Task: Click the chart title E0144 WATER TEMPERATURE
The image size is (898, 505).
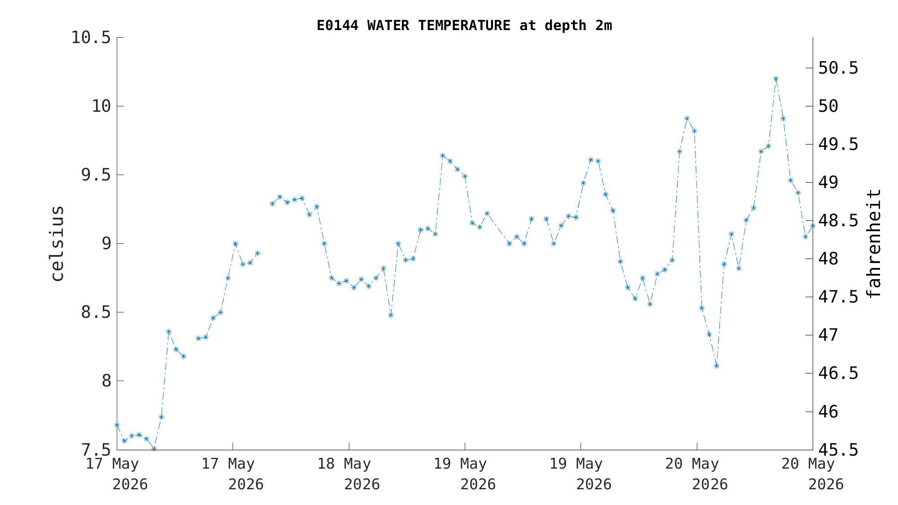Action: click(414, 26)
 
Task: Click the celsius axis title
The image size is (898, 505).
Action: click(57, 243)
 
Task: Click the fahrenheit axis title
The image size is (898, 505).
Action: click(874, 243)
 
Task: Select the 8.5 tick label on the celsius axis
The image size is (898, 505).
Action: click(95, 312)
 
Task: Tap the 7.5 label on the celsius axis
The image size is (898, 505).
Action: click(95, 449)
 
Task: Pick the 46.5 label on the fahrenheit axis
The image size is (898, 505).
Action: click(838, 373)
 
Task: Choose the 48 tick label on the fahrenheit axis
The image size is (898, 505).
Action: click(828, 259)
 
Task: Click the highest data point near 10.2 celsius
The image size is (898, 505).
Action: click(775, 79)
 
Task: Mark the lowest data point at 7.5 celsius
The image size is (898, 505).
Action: click(154, 449)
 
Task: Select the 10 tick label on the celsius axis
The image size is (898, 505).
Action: click(101, 106)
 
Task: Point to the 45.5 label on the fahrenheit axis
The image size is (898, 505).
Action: click(838, 449)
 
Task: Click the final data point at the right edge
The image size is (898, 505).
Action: click(813, 225)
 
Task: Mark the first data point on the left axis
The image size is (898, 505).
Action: click(117, 425)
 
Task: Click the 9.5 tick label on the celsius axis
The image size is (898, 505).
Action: click(95, 175)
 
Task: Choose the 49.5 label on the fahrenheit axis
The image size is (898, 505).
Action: click(838, 145)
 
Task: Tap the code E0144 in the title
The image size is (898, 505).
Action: click(338, 26)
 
